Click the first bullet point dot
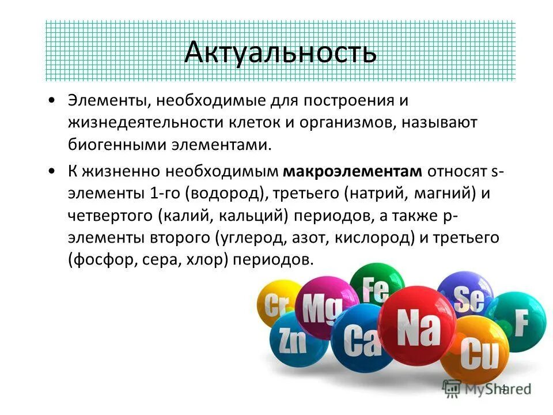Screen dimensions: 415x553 pyautogui.click(x=53, y=100)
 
